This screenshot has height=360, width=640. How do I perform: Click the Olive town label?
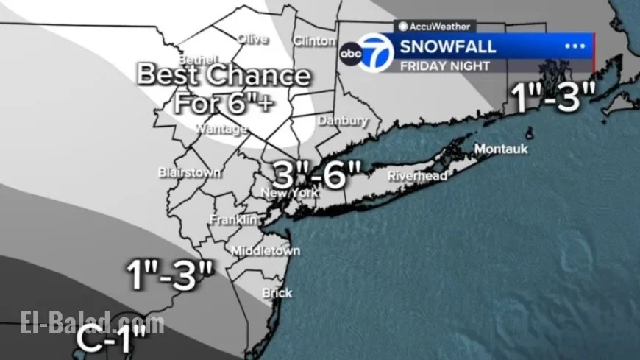tap(252, 39)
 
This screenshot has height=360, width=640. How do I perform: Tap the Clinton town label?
tap(314, 41)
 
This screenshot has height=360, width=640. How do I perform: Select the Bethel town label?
tap(199, 59)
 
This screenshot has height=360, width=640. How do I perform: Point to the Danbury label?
tap(342, 120)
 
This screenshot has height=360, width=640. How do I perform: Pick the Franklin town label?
tap(233, 220)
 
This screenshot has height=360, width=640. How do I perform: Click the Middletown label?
tap(266, 251)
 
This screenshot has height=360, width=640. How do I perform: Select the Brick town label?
tap(277, 293)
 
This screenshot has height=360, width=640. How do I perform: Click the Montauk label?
tap(501, 149)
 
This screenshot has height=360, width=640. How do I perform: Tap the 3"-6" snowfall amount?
tap(317, 174)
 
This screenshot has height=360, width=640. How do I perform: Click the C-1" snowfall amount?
tap(113, 338)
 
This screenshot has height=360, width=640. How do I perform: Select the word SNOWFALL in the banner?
tap(448, 48)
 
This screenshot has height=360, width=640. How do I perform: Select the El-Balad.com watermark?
tap(92, 323)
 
